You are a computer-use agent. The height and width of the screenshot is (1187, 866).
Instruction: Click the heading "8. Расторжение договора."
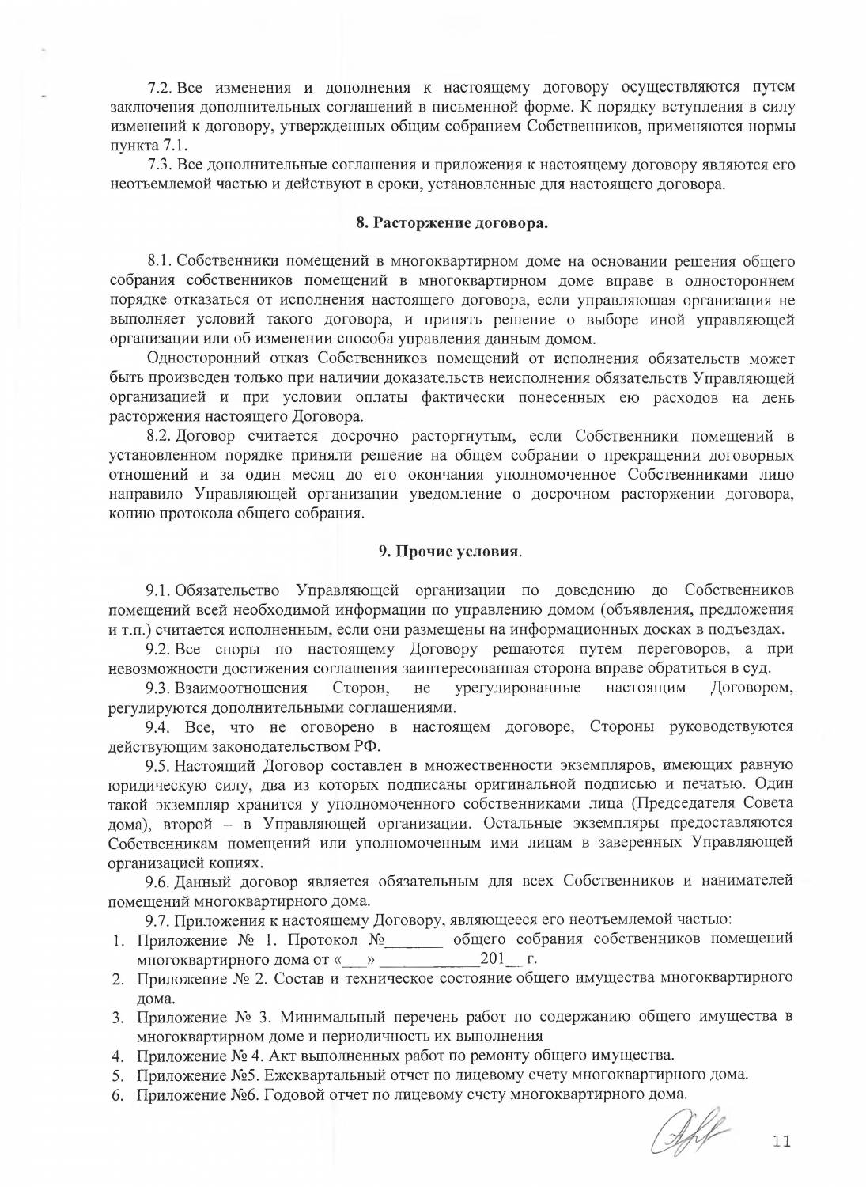coord(452,223)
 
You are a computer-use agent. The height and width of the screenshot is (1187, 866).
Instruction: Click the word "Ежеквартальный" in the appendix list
coord(320,1075)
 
